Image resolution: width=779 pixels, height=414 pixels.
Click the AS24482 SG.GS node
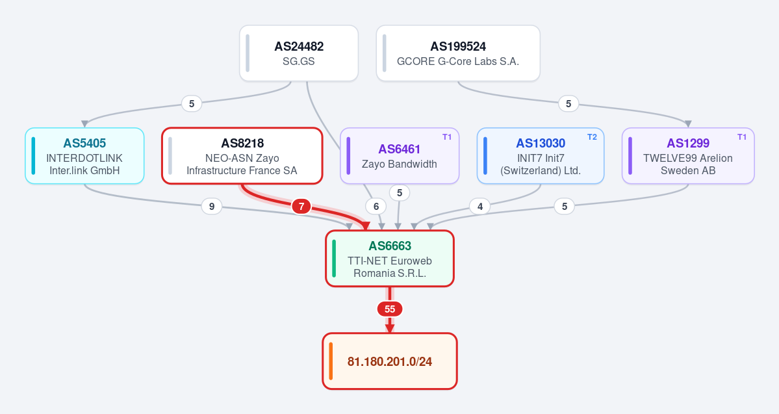point(299,53)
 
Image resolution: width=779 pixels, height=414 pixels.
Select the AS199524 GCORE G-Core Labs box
point(458,53)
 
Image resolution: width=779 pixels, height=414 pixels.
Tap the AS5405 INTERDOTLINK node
point(84,156)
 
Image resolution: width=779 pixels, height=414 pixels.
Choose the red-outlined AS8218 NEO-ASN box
point(242,156)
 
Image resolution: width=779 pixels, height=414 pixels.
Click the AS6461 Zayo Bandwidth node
point(400,156)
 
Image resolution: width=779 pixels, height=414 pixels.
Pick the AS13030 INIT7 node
point(541,156)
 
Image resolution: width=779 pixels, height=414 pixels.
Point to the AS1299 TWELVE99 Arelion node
point(688,156)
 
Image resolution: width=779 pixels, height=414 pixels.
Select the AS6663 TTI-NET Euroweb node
point(390,259)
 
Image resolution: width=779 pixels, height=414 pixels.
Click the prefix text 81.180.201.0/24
point(390,361)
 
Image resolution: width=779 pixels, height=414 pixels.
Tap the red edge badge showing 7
point(301,206)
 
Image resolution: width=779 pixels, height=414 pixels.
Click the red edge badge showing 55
point(390,309)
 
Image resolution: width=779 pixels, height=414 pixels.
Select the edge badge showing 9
point(212,206)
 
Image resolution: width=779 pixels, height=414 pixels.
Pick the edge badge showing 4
point(480,206)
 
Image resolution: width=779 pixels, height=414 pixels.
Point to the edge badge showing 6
point(376,206)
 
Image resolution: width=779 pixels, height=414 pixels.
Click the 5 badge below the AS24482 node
point(192,103)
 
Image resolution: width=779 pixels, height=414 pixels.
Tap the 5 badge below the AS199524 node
point(568,103)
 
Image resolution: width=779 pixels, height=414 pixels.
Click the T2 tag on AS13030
point(592,137)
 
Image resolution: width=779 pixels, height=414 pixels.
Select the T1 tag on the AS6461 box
point(447,137)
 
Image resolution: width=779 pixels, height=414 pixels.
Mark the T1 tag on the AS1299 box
point(742,137)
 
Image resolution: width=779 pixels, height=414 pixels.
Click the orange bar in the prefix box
point(331,361)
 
